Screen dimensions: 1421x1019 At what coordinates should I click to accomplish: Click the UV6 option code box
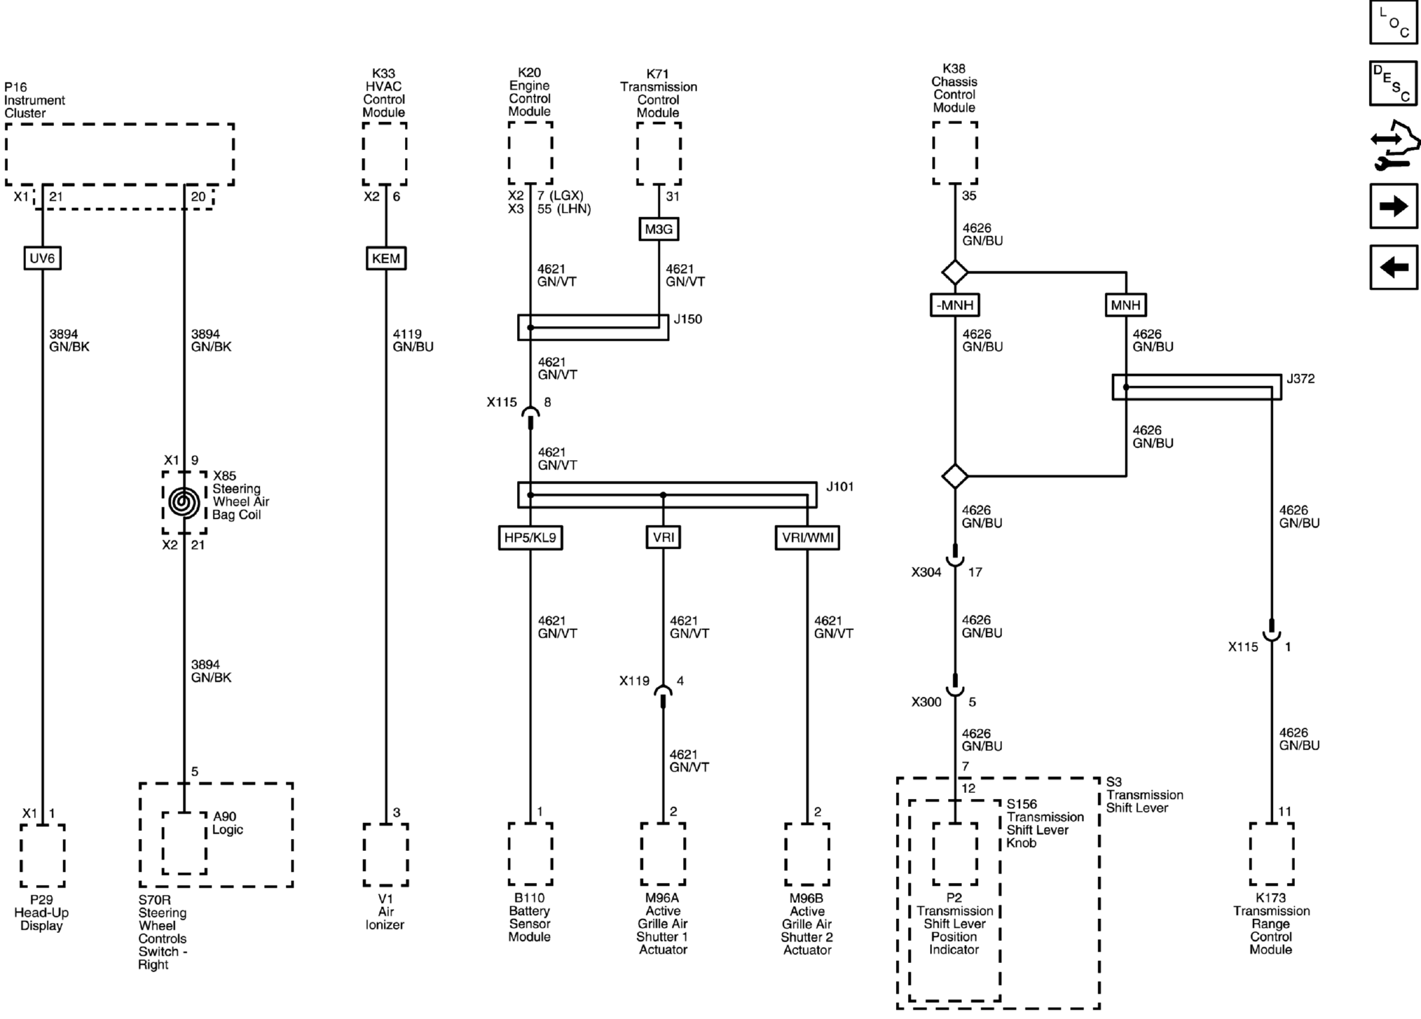[x=43, y=258]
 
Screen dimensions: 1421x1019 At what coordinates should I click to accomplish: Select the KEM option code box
[x=386, y=258]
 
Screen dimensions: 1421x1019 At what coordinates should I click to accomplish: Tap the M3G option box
[x=658, y=229]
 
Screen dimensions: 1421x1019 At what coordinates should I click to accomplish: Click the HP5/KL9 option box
[x=530, y=538]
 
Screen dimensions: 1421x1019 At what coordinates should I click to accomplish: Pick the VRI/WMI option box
[x=807, y=538]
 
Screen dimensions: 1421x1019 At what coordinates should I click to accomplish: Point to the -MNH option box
[x=955, y=305]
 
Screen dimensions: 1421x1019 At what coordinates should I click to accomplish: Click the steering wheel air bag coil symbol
[x=184, y=503]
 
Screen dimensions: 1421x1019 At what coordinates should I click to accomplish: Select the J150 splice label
[x=688, y=319]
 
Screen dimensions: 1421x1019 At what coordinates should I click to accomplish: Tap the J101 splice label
[x=839, y=487]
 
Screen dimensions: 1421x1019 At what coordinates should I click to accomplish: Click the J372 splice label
[x=1300, y=379]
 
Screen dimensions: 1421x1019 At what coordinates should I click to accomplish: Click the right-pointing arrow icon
[x=1394, y=207]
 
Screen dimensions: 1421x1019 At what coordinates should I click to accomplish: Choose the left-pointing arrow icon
[x=1394, y=267]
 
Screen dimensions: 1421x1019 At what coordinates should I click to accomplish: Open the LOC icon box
[x=1394, y=22]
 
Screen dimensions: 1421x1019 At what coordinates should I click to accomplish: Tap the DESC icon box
[x=1394, y=83]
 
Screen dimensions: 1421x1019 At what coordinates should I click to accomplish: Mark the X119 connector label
[x=634, y=681]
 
